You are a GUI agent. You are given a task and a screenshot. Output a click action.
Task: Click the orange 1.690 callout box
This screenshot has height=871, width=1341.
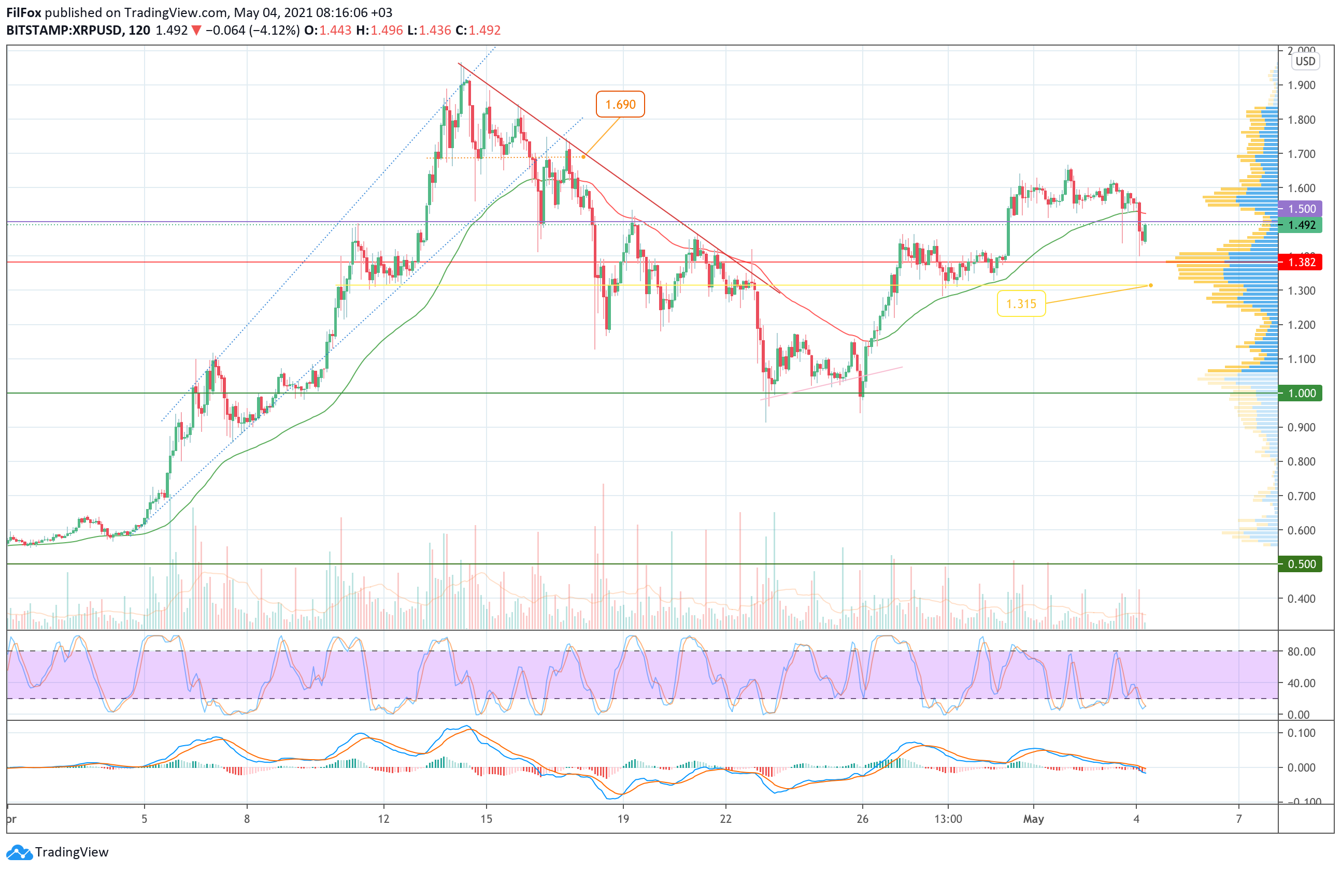coord(620,104)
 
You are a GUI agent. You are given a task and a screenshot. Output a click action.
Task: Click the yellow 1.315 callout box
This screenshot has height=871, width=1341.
coord(1021,303)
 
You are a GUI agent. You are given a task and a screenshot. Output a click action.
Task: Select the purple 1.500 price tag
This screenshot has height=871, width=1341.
coord(1301,209)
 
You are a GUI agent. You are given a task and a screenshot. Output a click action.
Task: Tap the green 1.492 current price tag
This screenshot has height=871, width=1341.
coord(1301,225)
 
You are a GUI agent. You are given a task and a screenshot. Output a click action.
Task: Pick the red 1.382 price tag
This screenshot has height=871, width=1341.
coord(1301,263)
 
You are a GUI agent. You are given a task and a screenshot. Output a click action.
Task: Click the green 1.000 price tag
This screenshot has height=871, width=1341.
coord(1301,393)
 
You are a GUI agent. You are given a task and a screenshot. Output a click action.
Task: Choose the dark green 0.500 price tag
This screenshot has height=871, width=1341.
coord(1301,564)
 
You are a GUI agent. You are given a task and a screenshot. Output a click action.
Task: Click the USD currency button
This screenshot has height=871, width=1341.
coord(1305,62)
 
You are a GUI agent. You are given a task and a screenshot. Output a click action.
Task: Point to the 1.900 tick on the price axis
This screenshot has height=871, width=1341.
coord(1301,85)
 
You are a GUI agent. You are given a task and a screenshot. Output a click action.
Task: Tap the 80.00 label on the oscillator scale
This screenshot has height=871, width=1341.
coord(1301,651)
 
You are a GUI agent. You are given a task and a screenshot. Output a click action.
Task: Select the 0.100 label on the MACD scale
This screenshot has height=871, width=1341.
coord(1301,733)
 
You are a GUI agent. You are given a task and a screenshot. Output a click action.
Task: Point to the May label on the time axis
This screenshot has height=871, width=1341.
coord(1033,819)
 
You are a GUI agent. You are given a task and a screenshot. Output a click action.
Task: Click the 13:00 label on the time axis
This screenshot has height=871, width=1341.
coord(948,819)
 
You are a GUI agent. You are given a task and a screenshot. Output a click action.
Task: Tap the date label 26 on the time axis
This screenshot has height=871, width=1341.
coord(862,819)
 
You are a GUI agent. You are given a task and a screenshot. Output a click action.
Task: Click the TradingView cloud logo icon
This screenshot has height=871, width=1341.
coord(20,852)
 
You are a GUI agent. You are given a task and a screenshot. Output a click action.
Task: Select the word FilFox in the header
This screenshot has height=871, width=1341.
coord(24,12)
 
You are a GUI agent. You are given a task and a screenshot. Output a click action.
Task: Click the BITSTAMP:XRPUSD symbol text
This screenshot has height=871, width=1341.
coord(64,31)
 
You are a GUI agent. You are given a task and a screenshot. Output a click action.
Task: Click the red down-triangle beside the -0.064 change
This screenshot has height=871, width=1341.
coord(196,31)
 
